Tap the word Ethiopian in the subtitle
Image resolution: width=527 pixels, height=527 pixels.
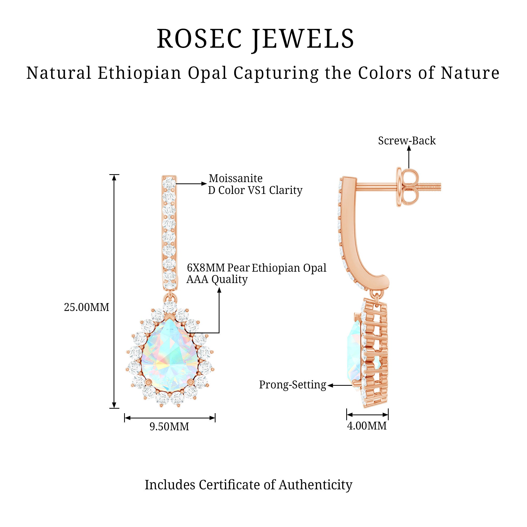(x=139, y=73)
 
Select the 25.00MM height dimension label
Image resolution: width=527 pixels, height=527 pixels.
(x=86, y=308)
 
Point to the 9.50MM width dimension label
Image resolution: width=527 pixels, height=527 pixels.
(x=169, y=427)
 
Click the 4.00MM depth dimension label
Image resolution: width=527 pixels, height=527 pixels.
(x=367, y=426)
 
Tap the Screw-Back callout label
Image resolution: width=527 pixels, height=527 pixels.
(x=407, y=141)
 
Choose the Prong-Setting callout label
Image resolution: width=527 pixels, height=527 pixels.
(x=292, y=385)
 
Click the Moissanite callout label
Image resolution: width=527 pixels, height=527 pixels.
(x=236, y=178)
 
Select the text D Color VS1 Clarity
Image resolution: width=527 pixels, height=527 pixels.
(x=255, y=191)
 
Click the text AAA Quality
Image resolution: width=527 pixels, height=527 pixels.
(x=217, y=279)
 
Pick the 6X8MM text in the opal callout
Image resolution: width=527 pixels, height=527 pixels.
(x=206, y=268)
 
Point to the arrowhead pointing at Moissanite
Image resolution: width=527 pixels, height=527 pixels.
(x=204, y=184)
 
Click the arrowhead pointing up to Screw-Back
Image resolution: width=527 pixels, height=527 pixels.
(x=409, y=148)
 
